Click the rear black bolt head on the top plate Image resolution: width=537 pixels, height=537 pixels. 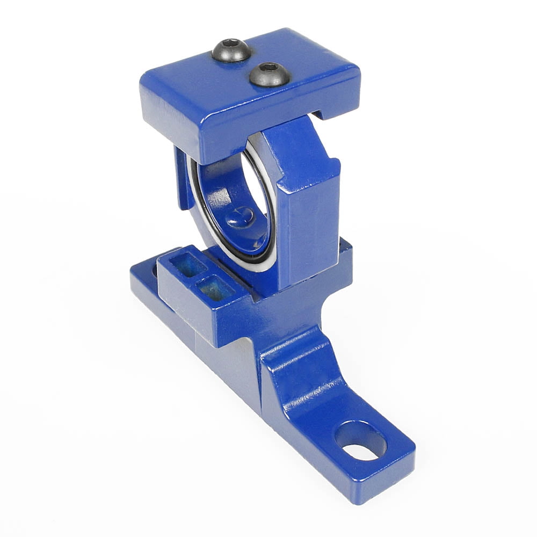point(231,50)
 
